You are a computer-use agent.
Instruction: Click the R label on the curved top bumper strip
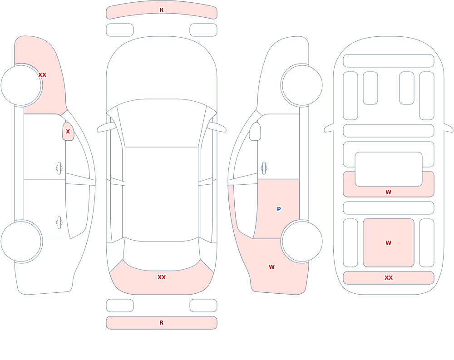tap(162, 10)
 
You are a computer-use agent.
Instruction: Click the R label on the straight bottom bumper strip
tap(162, 323)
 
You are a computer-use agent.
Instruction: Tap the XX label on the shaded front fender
tap(42, 75)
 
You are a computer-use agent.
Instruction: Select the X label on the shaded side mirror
tap(68, 132)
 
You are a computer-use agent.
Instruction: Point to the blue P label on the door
tap(279, 209)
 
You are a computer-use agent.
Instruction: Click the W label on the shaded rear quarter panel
tap(271, 267)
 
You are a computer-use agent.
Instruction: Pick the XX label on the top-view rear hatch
tap(162, 277)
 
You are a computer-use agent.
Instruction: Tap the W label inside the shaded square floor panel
tap(389, 243)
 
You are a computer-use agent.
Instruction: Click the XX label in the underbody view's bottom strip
tap(389, 278)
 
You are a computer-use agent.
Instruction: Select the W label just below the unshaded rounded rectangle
tap(389, 192)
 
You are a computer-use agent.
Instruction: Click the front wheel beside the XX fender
tap(21, 85)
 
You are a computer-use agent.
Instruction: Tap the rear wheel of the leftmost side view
tap(21, 241)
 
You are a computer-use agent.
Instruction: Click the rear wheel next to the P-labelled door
tap(302, 241)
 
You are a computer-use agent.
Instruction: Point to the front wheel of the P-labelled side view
tap(302, 85)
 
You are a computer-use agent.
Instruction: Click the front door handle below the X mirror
tap(59, 168)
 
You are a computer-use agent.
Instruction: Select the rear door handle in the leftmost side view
tap(59, 223)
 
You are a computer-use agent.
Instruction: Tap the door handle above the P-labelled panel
tap(264, 168)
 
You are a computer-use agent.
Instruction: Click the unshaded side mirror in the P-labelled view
tap(255, 132)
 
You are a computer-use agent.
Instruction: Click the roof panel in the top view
tap(162, 193)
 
